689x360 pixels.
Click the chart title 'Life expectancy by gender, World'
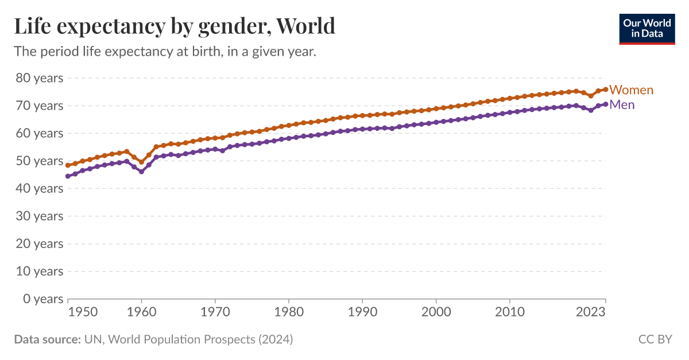point(175,26)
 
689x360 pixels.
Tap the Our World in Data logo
point(647,28)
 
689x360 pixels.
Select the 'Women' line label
point(631,90)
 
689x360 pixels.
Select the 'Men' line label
point(622,104)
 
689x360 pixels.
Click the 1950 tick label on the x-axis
point(82,312)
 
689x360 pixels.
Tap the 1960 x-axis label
point(141,312)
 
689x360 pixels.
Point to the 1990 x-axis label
point(362,312)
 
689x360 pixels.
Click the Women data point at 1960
point(141,162)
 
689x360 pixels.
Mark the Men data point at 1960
point(141,172)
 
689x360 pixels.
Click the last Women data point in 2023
point(605,90)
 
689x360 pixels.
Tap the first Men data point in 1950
point(68,176)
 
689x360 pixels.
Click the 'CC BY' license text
point(655,339)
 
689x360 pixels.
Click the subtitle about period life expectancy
point(165,52)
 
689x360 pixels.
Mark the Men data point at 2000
point(436,122)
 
